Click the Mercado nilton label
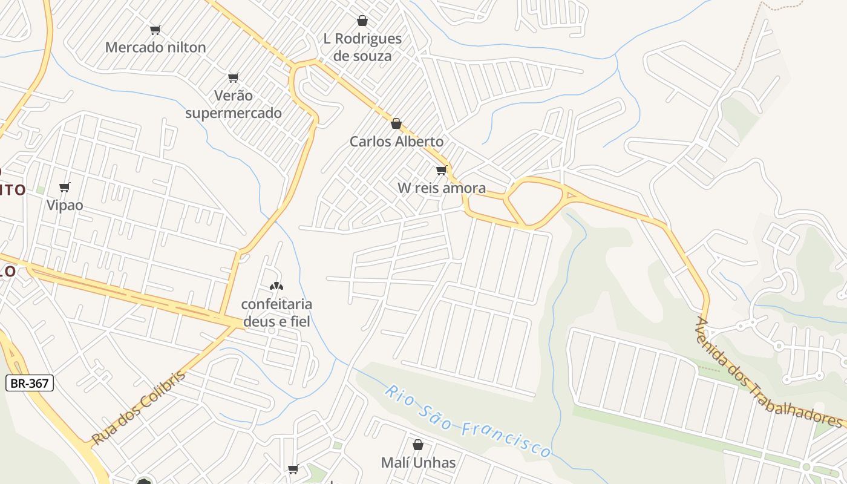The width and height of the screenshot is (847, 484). pos(155,47)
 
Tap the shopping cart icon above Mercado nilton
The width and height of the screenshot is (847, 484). pos(155,30)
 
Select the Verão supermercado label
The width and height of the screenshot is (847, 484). pos(234,104)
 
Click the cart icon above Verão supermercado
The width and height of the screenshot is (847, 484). pos(234,77)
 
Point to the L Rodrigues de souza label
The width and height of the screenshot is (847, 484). pos(362,47)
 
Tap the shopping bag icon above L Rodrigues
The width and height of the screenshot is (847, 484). pos(362,21)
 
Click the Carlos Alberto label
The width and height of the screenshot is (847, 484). pos(396,142)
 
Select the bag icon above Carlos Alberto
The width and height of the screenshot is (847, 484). pos(396,123)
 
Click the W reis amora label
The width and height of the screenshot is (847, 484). pos(442,188)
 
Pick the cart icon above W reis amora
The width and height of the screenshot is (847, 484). pos(442,171)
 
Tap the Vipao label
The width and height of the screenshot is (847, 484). pos(65,205)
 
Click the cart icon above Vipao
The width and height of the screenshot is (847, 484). pos(65,188)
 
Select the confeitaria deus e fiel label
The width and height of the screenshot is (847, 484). pos(276,313)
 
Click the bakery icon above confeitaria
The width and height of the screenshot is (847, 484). pos(276,286)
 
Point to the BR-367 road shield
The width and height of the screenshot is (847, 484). pos(30,383)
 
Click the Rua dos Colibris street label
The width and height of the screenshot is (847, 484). pos(139,408)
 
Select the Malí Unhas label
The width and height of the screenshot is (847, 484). pos(418,463)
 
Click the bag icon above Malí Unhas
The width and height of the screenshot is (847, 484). pos(418,445)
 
